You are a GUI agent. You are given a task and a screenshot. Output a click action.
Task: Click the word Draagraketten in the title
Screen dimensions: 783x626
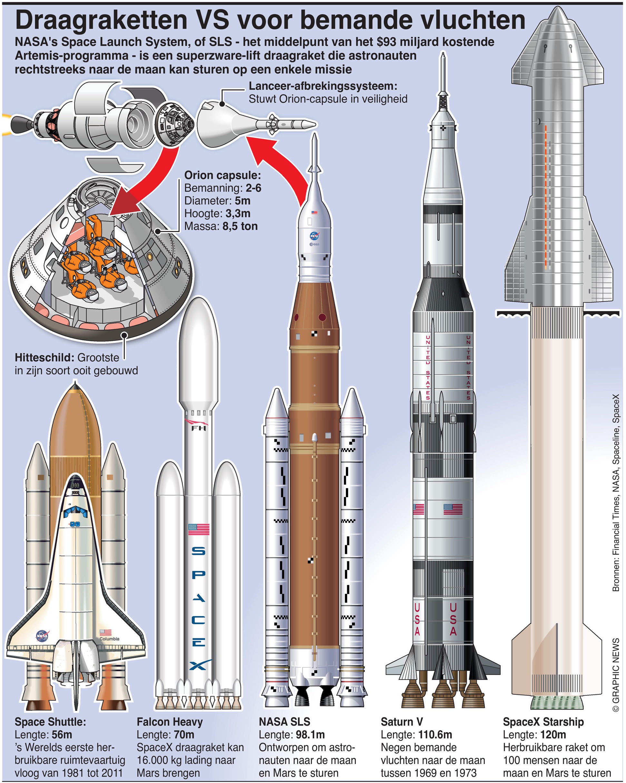tap(101, 21)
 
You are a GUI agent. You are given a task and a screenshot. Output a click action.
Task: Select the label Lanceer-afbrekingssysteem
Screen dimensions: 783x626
tap(323, 86)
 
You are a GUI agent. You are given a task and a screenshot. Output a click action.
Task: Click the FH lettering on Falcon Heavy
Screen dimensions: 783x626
tap(199, 429)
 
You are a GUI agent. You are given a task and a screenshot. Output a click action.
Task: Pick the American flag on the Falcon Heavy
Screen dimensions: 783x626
tap(199, 529)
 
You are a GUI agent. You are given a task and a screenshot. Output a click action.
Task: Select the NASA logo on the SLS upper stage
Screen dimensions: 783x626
tap(314, 237)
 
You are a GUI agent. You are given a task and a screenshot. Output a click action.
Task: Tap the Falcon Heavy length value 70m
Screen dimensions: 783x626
tap(184, 735)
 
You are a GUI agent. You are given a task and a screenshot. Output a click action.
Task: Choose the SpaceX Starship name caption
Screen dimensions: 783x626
tap(543, 722)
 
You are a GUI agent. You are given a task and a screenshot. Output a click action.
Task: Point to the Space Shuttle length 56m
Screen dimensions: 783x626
tap(62, 735)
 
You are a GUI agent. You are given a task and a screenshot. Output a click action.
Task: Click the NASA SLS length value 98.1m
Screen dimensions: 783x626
tap(309, 735)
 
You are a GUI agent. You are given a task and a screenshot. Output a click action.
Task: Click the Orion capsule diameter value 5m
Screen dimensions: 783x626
tap(243, 201)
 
